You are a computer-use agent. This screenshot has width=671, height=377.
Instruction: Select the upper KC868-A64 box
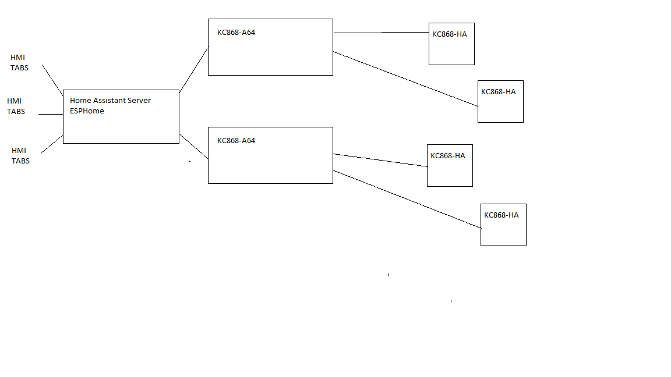click(x=270, y=55)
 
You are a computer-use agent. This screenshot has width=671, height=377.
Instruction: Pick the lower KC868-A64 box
click(x=270, y=163)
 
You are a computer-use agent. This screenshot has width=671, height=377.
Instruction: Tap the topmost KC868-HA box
click(x=451, y=49)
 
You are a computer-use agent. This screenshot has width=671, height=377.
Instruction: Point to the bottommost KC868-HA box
click(x=503, y=230)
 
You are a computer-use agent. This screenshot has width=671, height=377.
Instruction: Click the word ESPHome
click(x=87, y=111)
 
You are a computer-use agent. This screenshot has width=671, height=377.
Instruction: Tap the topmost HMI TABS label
click(x=19, y=63)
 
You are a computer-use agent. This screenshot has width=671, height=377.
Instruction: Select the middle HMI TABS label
click(x=16, y=106)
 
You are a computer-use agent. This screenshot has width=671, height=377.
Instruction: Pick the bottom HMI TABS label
click(x=20, y=156)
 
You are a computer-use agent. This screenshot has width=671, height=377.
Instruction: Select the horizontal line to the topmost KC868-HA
click(x=381, y=33)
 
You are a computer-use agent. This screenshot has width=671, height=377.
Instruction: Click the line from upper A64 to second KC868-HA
click(x=405, y=79)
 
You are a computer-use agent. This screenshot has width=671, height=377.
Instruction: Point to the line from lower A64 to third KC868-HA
click(x=380, y=160)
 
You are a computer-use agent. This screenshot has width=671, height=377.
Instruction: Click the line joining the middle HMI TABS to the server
click(x=51, y=115)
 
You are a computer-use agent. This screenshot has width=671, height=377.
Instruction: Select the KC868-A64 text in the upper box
click(x=236, y=33)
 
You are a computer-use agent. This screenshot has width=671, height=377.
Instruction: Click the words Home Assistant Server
click(x=110, y=101)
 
